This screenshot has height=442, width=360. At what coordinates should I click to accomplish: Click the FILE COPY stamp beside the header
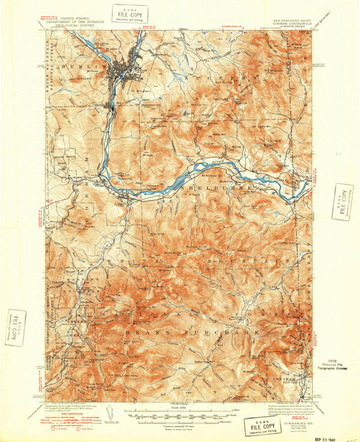(x=132, y=14)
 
